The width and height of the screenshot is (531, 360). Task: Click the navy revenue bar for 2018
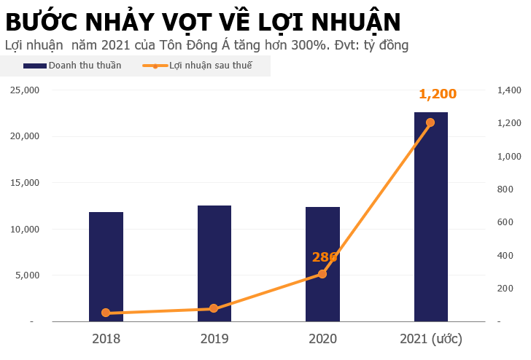click(x=106, y=266)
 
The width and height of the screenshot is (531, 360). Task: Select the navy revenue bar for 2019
click(x=214, y=262)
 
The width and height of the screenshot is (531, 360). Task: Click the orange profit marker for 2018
click(x=106, y=313)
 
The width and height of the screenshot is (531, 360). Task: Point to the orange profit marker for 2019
click(x=214, y=308)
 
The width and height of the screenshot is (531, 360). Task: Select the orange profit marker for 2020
click(x=322, y=274)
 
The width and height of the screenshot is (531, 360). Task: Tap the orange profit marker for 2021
click(x=430, y=122)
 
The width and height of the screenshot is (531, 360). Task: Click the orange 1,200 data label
click(x=437, y=94)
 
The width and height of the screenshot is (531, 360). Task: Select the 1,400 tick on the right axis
click(x=509, y=90)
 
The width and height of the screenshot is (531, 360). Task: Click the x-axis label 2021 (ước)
click(x=431, y=339)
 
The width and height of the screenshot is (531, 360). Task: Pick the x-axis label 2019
click(x=214, y=339)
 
